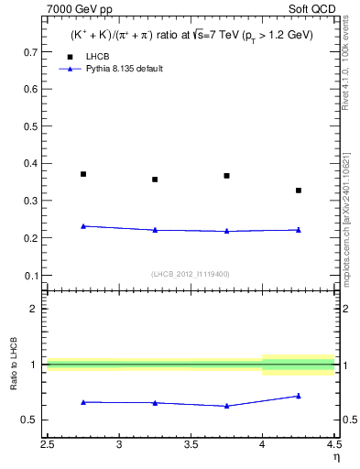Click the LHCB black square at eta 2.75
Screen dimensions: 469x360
pyautogui.click(x=83, y=174)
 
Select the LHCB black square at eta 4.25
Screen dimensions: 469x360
pyautogui.click(x=299, y=191)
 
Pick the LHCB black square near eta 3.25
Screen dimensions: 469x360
pyautogui.click(x=155, y=180)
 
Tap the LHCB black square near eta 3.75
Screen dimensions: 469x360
pyautogui.click(x=226, y=176)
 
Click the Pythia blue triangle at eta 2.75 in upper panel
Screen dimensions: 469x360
pyautogui.click(x=83, y=225)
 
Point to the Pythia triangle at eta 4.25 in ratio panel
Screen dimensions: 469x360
pyautogui.click(x=299, y=396)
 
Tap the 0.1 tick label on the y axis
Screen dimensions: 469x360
pyautogui.click(x=31, y=276)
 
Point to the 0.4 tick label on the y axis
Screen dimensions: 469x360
pyautogui.click(x=31, y=164)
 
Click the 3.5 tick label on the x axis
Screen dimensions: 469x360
pyautogui.click(x=191, y=444)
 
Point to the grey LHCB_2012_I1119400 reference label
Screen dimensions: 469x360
pyautogui.click(x=191, y=274)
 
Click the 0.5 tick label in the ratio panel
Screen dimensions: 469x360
pyautogui.click(x=31, y=420)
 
